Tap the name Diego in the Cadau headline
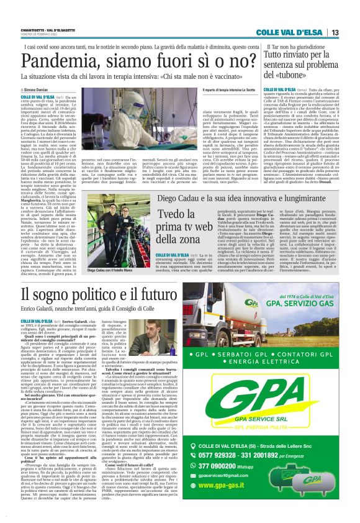pos(169,180)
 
